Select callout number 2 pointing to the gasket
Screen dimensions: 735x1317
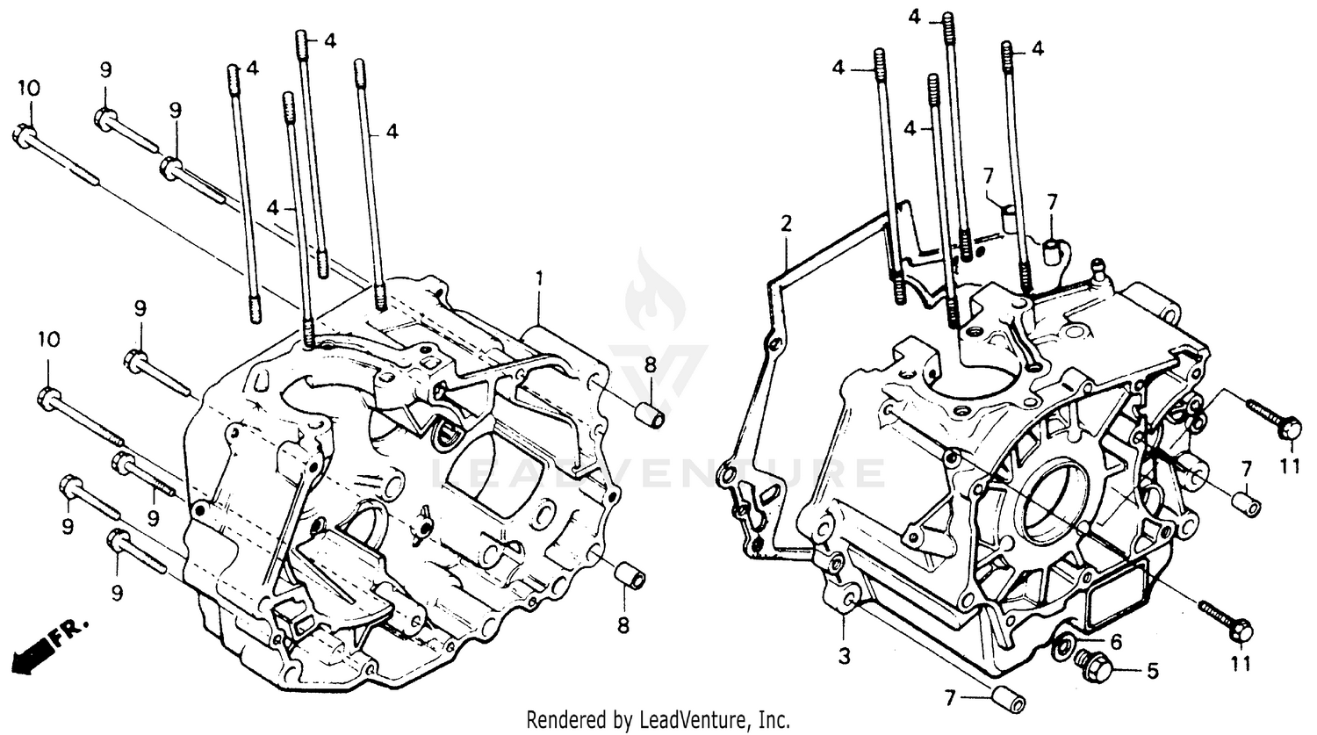[x=786, y=222]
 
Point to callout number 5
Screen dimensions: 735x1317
[x=1152, y=671]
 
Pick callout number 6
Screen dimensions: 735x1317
[x=1116, y=643]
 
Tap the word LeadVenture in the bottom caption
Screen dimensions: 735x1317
[x=701, y=720]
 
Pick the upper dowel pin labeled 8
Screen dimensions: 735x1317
[x=650, y=414]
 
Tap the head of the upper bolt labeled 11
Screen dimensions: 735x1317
[x=1288, y=429]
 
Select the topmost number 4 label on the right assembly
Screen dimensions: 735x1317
[x=914, y=16]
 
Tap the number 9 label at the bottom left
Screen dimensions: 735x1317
[x=117, y=593]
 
